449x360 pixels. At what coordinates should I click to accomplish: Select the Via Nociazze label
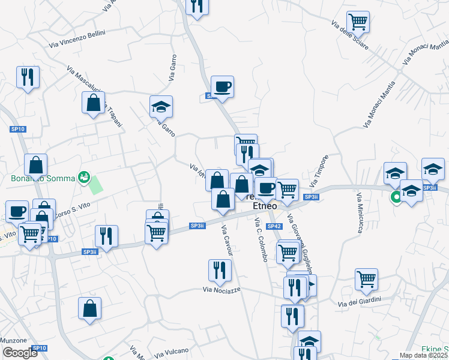[x=224, y=290]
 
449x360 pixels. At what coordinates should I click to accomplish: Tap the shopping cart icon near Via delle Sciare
[x=358, y=22]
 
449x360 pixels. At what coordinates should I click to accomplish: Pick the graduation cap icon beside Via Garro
[x=161, y=106]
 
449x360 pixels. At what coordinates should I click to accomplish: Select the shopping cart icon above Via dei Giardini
[x=366, y=278]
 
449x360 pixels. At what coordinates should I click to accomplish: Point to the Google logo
[x=19, y=353]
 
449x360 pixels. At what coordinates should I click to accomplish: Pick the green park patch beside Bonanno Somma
[x=95, y=184]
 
